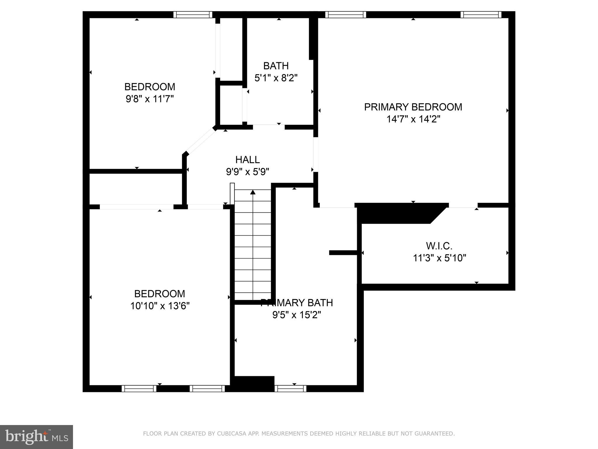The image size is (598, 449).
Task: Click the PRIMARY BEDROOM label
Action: (413, 107)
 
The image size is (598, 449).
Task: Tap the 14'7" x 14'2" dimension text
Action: (413, 119)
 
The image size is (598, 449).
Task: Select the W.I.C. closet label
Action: (439, 246)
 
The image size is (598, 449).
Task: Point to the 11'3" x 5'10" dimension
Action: (439, 258)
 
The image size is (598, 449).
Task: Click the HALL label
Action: (247, 160)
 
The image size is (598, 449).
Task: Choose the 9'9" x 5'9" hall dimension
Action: (247, 172)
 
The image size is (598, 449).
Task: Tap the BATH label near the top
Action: (276, 66)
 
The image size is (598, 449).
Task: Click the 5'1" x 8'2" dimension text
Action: (276, 78)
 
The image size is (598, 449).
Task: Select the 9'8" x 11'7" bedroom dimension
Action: (149, 99)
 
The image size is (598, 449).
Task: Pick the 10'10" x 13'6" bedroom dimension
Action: (160, 306)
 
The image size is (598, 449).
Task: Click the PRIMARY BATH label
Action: (297, 303)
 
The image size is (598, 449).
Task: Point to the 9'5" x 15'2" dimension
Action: (297, 315)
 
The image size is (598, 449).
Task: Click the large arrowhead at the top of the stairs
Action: (253, 192)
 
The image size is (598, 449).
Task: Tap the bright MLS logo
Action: (36, 437)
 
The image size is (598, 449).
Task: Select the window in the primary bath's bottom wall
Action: (290, 388)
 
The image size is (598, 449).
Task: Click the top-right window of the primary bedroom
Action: (481, 15)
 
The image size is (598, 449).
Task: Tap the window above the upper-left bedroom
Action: (193, 15)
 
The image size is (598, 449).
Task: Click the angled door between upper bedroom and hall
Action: (201, 141)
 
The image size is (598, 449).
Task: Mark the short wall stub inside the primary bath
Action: (343, 253)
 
